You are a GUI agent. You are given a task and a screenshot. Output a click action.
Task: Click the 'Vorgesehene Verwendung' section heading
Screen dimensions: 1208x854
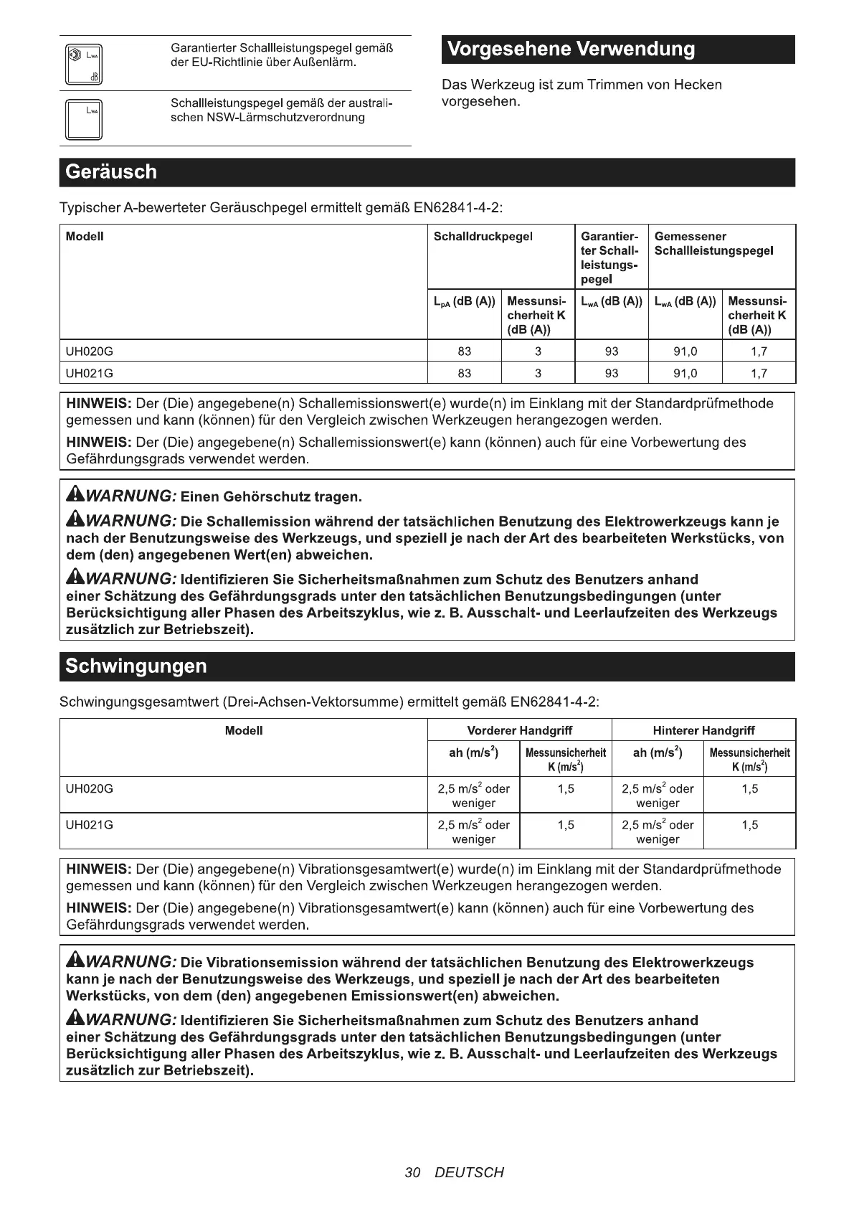coord(571,49)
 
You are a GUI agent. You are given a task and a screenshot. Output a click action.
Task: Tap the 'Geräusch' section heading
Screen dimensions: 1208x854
coord(111,172)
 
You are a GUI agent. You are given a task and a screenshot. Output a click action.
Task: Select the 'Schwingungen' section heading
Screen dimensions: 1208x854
coord(136,666)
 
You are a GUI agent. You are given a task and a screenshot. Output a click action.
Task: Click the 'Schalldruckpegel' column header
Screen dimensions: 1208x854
coord(483,237)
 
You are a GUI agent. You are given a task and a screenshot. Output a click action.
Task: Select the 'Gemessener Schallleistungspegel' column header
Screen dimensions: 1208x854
coord(714,244)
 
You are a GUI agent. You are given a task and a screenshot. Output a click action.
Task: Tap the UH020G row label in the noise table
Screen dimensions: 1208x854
coord(90,351)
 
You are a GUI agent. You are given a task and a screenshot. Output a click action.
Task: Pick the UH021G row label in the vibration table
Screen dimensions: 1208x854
coord(90,825)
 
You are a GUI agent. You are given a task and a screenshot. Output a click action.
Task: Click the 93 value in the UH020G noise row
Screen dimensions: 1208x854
coord(612,351)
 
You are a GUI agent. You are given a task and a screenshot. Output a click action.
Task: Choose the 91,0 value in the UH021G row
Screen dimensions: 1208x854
coord(685,373)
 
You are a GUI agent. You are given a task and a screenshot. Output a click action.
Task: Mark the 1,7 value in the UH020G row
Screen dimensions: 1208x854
coord(759,351)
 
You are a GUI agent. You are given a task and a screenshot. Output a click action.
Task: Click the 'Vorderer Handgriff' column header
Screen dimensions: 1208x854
coord(519,731)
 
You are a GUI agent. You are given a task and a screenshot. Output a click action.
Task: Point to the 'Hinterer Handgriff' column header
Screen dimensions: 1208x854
coord(703,731)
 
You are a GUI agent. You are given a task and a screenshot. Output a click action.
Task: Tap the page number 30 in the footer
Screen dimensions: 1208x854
coord(412,1173)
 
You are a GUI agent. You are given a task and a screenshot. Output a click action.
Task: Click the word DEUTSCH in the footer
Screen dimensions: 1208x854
coord(469,1173)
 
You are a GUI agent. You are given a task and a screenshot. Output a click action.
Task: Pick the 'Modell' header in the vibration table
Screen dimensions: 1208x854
coord(244,731)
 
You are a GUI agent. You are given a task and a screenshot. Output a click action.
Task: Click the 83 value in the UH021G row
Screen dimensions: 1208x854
coord(465,373)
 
